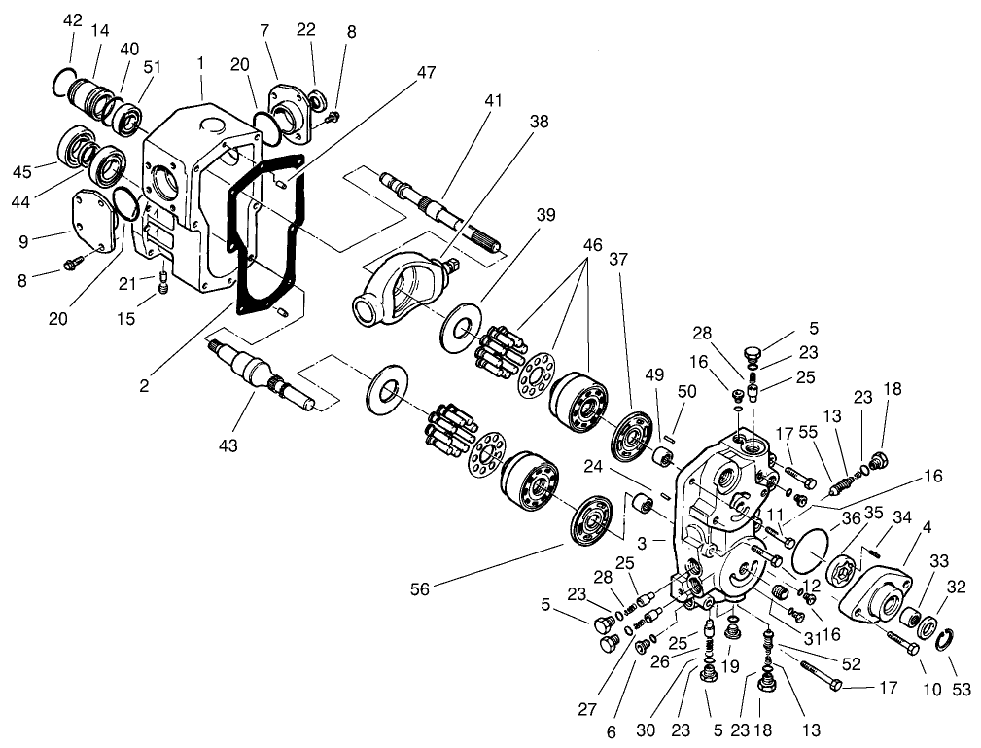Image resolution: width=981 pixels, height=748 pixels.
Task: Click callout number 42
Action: pos(73,20)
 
